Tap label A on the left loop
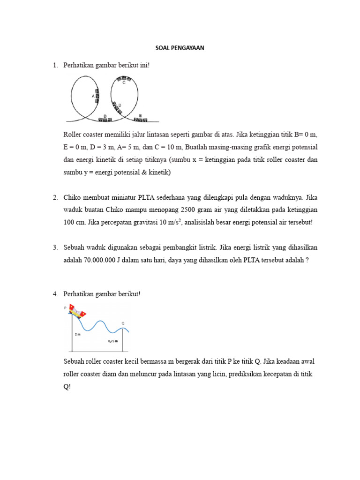[93, 96]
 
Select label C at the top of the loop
[124, 82]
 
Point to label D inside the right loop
[120, 105]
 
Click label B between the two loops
[105, 115]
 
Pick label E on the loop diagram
[141, 115]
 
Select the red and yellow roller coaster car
[77, 311]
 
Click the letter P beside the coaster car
[66, 307]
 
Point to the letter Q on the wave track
[123, 323]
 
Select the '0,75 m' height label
[112, 342]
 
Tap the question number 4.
[55, 294]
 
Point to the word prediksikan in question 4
[244, 375]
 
